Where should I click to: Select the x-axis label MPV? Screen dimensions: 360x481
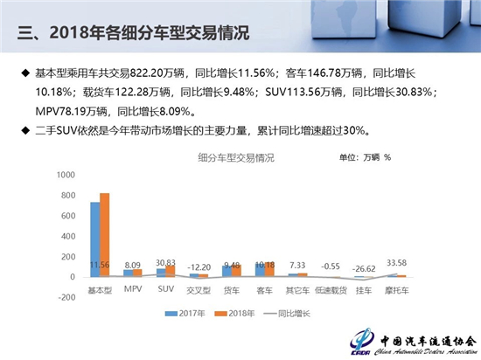[133, 287]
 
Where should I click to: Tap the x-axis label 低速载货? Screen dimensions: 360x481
[331, 288]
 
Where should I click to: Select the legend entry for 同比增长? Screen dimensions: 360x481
[290, 313]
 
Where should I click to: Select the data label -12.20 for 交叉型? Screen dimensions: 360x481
[199, 267]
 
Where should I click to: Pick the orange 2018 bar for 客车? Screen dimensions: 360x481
[268, 269]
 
